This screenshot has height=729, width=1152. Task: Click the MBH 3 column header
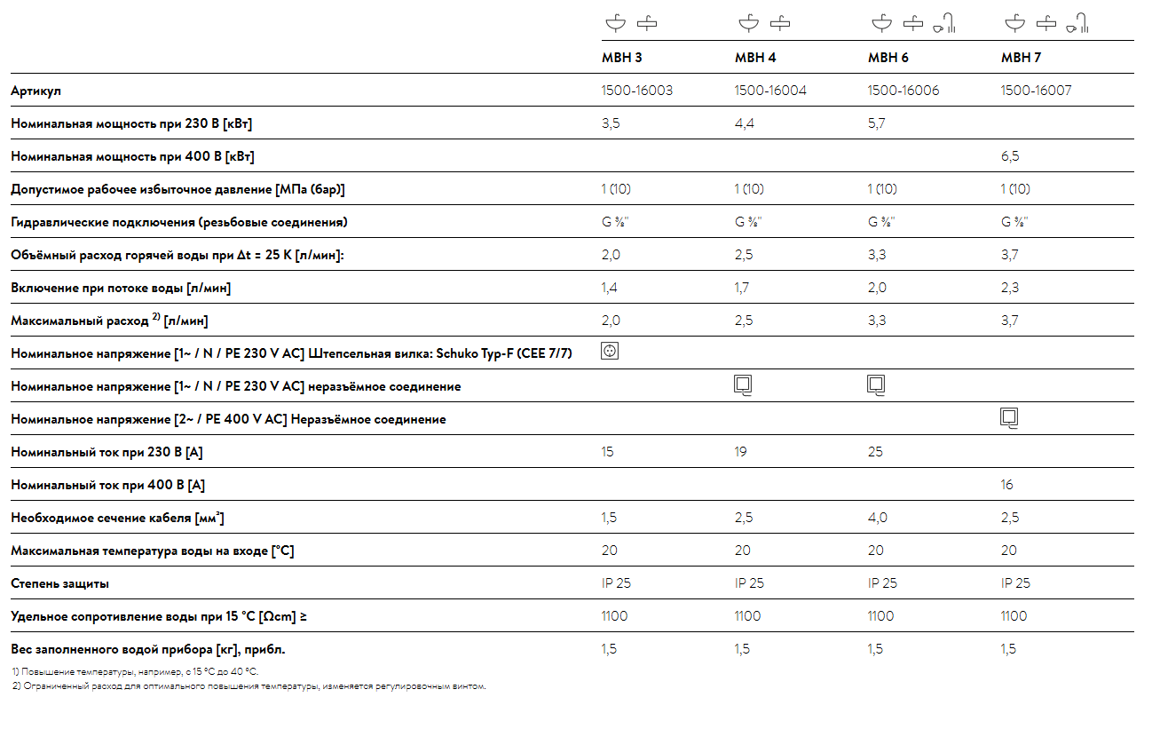pyautogui.click(x=622, y=57)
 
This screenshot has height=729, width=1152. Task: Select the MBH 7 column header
pyautogui.click(x=1021, y=57)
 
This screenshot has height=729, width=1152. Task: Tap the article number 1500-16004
pyautogui.click(x=769, y=91)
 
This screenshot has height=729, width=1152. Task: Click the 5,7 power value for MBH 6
pyautogui.click(x=876, y=123)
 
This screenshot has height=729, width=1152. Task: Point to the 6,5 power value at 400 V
pyautogui.click(x=1009, y=156)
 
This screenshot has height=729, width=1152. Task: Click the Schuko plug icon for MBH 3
pyautogui.click(x=610, y=351)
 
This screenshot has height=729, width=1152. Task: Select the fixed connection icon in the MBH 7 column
pyautogui.click(x=1009, y=417)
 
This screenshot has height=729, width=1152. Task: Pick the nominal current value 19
pyautogui.click(x=740, y=452)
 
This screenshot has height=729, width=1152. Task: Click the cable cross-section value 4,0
pyautogui.click(x=877, y=518)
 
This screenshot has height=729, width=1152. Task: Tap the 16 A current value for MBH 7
pyautogui.click(x=1006, y=485)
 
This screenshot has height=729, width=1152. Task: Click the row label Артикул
pyautogui.click(x=36, y=91)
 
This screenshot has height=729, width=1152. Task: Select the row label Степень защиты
pyautogui.click(x=59, y=583)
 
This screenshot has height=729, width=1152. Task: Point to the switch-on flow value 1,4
pyautogui.click(x=609, y=288)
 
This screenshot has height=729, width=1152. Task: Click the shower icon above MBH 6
pyautogui.click(x=944, y=23)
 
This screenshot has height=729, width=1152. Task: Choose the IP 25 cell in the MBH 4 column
pyautogui.click(x=749, y=582)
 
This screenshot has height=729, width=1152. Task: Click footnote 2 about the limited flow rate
pyautogui.click(x=249, y=686)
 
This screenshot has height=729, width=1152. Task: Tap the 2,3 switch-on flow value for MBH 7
pyautogui.click(x=1009, y=288)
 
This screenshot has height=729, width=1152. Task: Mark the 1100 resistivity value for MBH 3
pyautogui.click(x=614, y=616)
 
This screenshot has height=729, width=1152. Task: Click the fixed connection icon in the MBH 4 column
pyautogui.click(x=743, y=384)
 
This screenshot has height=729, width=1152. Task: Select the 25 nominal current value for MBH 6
pyautogui.click(x=875, y=452)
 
